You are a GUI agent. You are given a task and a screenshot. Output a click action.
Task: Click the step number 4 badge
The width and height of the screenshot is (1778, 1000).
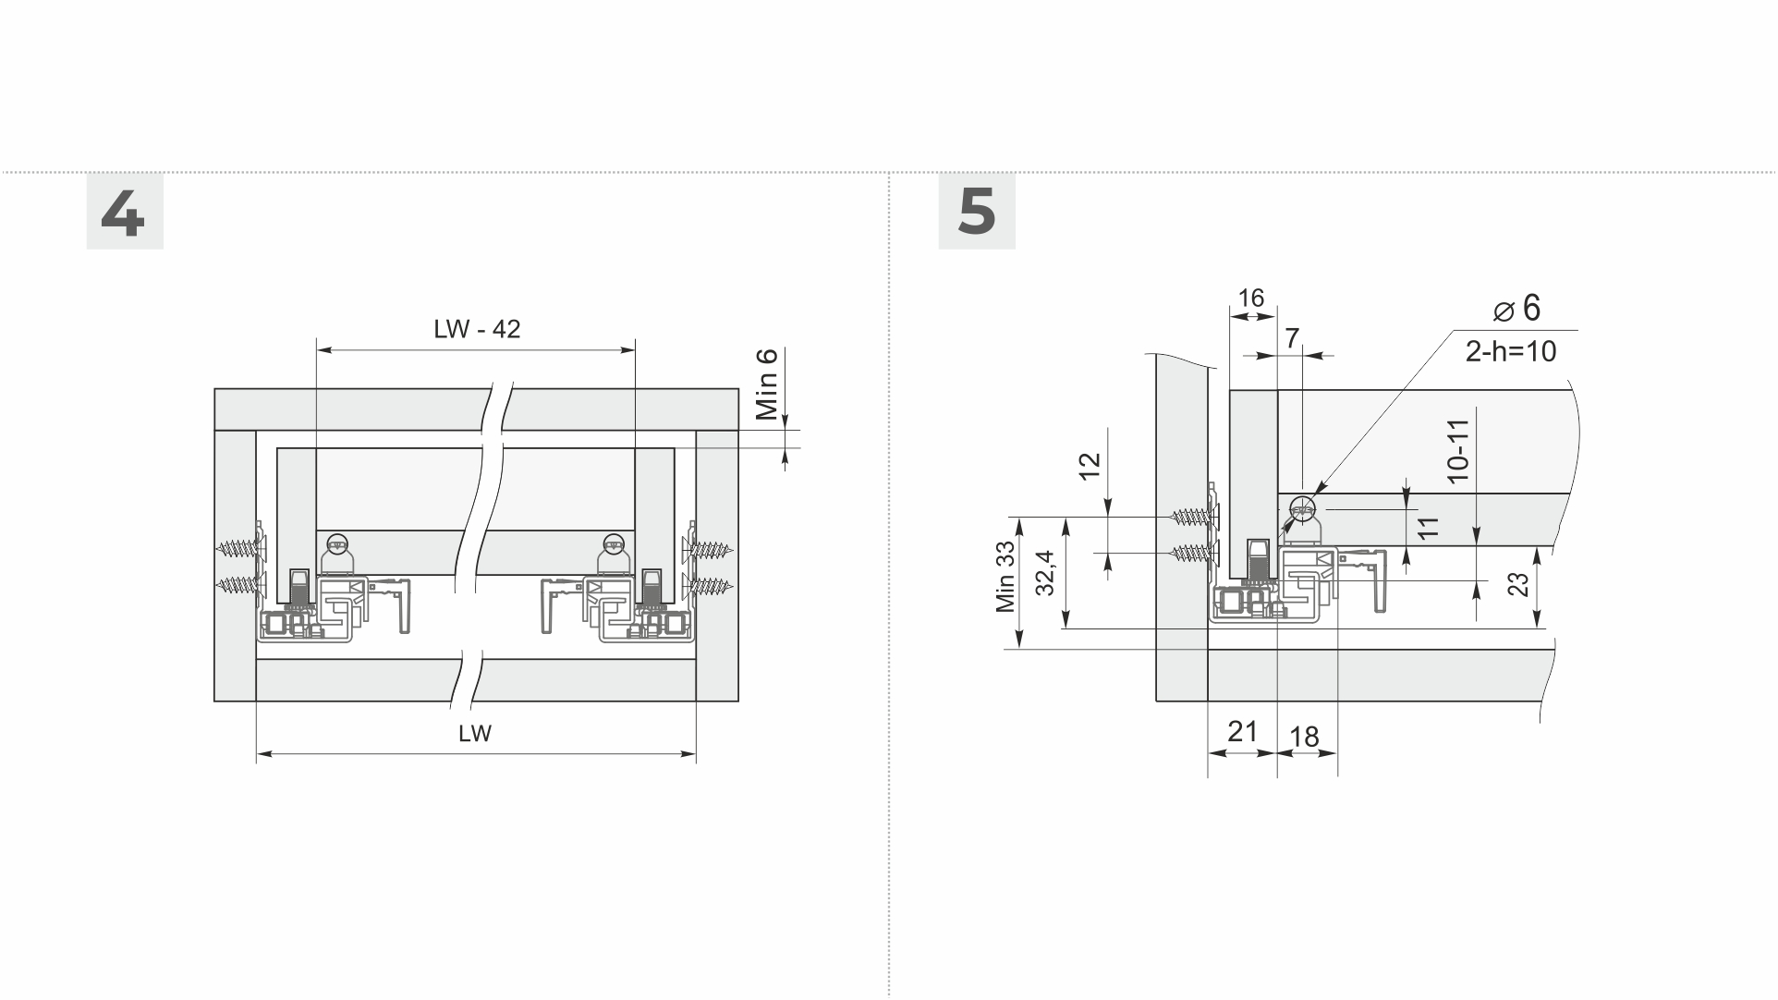pyautogui.click(x=125, y=211)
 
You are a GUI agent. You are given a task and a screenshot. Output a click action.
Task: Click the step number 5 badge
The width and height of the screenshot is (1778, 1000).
pyautogui.click(x=977, y=211)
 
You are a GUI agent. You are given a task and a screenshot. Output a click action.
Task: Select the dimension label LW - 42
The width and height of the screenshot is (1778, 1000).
pyautogui.click(x=477, y=329)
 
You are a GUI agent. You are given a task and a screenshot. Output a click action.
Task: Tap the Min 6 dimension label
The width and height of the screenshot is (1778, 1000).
pyautogui.click(x=767, y=384)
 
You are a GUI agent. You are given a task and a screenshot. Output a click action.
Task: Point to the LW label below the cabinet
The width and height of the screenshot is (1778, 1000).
pyautogui.click(x=475, y=734)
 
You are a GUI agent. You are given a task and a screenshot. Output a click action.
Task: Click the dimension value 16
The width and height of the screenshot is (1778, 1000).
pyautogui.click(x=1250, y=298)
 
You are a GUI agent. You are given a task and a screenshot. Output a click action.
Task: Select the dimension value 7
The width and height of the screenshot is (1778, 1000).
pyautogui.click(x=1293, y=338)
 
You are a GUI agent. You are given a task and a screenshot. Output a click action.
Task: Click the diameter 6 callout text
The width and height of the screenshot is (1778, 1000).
pyautogui.click(x=1518, y=308)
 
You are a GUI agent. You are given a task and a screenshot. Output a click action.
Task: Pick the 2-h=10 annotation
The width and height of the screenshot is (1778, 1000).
pyautogui.click(x=1511, y=351)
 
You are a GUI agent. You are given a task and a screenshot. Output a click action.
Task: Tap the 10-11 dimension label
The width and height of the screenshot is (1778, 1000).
pyautogui.click(x=1457, y=451)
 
